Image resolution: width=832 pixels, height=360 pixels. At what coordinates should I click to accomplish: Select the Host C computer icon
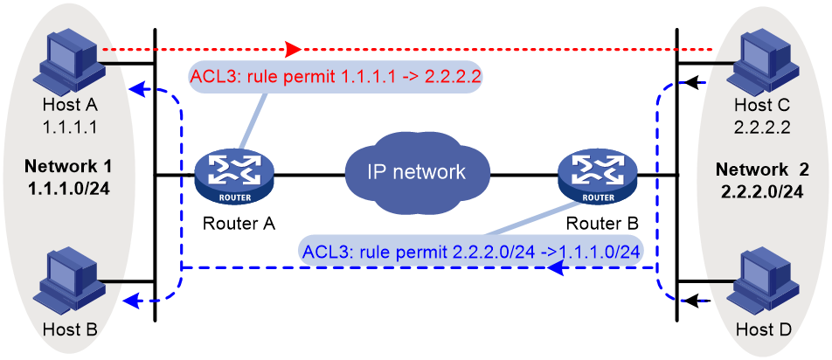click(x=765, y=63)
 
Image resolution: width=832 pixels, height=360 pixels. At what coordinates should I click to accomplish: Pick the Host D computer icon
click(x=765, y=285)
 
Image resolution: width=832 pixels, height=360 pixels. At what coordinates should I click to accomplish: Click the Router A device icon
click(x=234, y=176)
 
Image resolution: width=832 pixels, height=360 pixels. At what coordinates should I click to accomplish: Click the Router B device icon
click(x=598, y=176)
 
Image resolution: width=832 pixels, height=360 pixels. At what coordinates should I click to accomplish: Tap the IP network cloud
click(x=417, y=171)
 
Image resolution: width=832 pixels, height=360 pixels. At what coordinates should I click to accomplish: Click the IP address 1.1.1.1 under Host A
click(x=70, y=128)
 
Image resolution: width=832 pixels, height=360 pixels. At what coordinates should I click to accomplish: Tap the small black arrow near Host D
click(x=694, y=301)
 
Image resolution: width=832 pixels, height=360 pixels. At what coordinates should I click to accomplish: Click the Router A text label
click(x=239, y=223)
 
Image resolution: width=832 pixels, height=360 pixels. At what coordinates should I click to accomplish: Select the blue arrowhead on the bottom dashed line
click(x=556, y=269)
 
